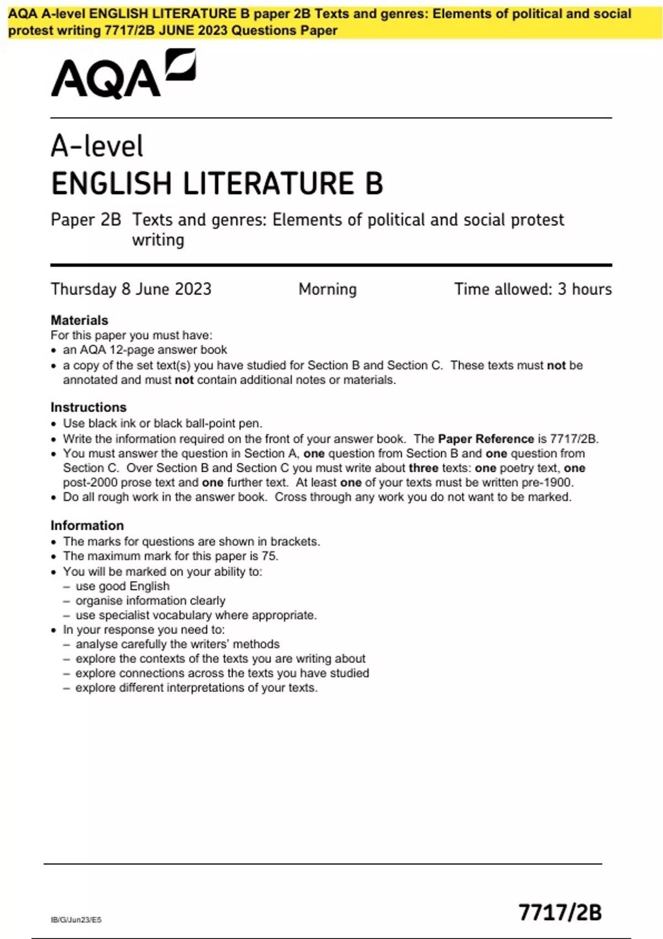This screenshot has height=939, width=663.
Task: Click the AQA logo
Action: (x=123, y=74)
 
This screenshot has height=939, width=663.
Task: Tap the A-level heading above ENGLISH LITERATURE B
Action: (x=97, y=146)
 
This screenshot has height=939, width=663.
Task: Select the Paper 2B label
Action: (x=86, y=220)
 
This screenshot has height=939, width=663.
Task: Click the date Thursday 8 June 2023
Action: (x=131, y=289)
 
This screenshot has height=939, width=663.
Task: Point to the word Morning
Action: (x=328, y=289)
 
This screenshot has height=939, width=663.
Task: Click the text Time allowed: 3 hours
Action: (x=533, y=289)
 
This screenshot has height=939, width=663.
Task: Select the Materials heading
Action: (x=79, y=320)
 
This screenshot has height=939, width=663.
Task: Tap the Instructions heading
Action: (x=88, y=407)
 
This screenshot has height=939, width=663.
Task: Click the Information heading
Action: (x=87, y=525)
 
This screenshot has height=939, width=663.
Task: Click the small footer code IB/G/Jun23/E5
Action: (x=76, y=920)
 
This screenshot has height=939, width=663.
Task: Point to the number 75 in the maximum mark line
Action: (x=269, y=556)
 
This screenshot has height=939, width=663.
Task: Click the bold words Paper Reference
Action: (x=486, y=439)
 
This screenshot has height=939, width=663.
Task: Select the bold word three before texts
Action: (x=423, y=468)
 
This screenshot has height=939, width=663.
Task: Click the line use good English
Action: (x=123, y=586)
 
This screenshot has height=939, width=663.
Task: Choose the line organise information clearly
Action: (x=150, y=600)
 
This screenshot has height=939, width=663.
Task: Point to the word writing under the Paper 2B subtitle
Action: (x=158, y=240)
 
